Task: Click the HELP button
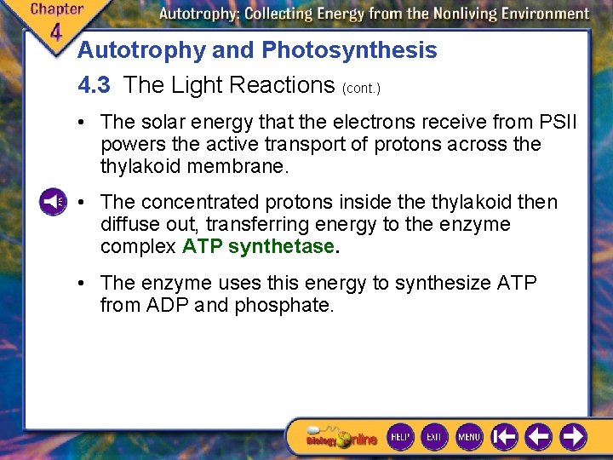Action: [400, 437]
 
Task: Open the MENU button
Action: [469, 437]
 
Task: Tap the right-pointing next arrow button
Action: [574, 437]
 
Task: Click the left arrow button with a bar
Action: [504, 437]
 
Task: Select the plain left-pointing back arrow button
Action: [538, 437]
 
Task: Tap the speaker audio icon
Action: [52, 202]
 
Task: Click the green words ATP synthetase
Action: [259, 247]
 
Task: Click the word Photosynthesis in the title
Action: [349, 50]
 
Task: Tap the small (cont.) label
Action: [361, 88]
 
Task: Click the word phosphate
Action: [289, 304]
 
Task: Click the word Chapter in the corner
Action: [56, 9]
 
